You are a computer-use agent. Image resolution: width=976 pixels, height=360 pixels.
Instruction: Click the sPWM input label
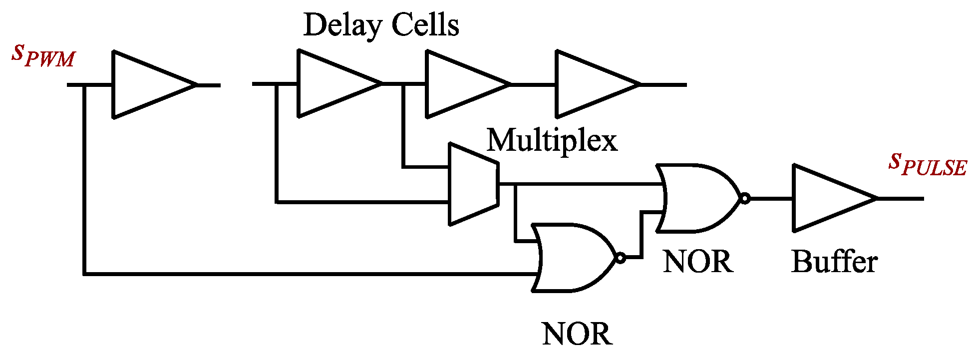click(x=43, y=55)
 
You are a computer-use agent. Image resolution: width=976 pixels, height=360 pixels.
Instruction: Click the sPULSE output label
click(x=927, y=165)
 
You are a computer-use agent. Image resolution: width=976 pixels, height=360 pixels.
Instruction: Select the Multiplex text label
click(x=552, y=140)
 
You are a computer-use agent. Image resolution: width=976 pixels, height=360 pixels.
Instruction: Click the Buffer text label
click(x=834, y=262)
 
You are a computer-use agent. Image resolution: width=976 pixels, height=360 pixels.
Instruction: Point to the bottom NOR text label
click(x=577, y=334)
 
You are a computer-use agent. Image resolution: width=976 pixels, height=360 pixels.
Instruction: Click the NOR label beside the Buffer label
click(x=698, y=262)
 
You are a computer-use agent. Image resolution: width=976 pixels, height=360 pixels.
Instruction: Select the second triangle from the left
click(x=332, y=83)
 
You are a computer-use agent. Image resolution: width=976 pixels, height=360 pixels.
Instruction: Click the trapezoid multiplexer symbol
click(x=472, y=184)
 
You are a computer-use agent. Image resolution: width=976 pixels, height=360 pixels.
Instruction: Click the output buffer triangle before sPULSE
click(x=826, y=198)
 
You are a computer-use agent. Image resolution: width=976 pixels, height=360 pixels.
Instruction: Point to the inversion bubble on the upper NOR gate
click(x=744, y=198)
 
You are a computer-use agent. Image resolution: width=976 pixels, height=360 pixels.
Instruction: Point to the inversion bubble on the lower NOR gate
click(x=620, y=258)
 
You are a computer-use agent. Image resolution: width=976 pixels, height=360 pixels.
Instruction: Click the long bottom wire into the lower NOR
click(x=300, y=274)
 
